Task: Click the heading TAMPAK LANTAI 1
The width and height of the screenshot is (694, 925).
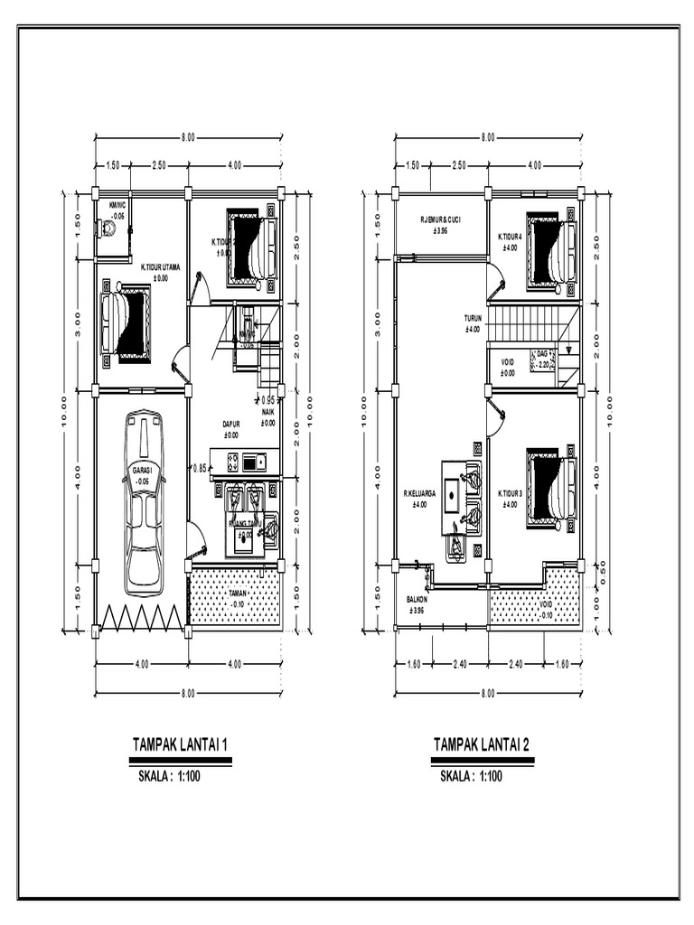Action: click(180, 745)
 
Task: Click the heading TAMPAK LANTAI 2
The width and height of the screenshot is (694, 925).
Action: click(482, 745)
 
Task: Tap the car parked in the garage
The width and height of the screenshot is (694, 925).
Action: click(144, 502)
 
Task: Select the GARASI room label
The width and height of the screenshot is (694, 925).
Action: click(143, 471)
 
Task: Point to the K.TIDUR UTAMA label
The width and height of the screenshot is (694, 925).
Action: click(160, 267)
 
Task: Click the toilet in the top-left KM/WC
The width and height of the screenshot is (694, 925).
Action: click(108, 229)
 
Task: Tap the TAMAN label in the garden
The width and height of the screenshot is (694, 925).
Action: click(236, 593)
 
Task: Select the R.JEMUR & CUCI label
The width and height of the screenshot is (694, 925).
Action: click(440, 220)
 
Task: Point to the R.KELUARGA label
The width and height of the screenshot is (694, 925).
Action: click(420, 494)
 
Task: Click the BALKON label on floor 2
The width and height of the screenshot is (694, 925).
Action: click(417, 600)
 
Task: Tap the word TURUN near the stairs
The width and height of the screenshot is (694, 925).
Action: click(474, 319)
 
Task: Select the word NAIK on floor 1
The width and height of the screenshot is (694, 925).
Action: click(268, 412)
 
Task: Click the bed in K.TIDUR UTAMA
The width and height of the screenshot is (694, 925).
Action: click(127, 323)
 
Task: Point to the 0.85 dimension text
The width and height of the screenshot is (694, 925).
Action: click(201, 468)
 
